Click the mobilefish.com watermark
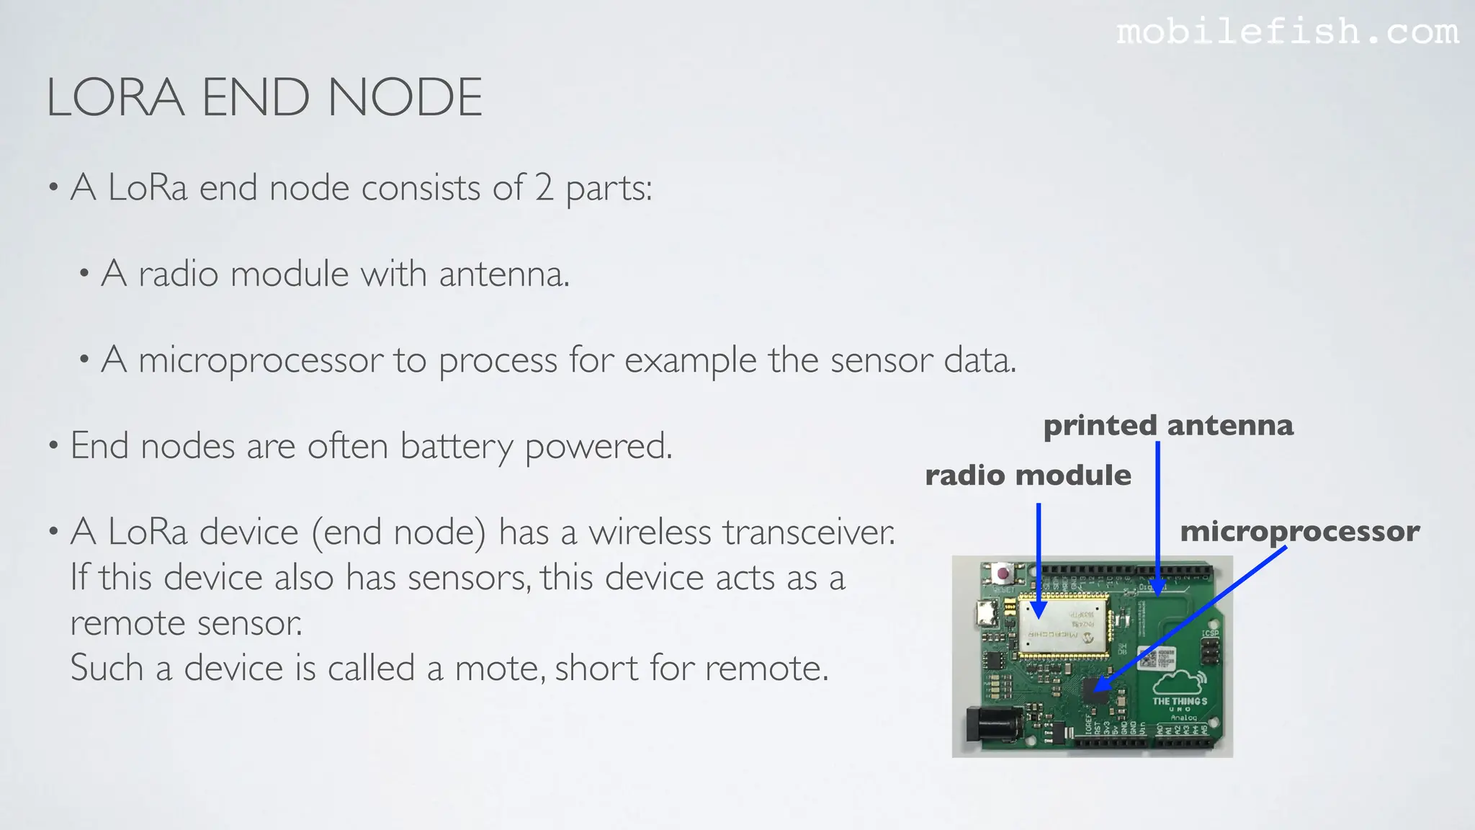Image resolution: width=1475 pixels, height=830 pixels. pos(1288,32)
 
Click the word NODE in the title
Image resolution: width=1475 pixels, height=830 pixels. pos(405,98)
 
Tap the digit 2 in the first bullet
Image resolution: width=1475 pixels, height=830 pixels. pos(544,187)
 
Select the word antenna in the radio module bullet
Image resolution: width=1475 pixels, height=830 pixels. pos(503,274)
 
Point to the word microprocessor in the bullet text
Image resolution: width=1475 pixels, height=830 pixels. pos(261,360)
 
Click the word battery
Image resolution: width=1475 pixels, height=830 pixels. pos(456,446)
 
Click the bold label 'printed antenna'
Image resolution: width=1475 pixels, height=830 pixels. pos(1168,425)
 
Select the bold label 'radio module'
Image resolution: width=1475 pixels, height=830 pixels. pos(1028,476)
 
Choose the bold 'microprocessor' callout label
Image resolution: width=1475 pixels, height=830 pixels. pos(1299,532)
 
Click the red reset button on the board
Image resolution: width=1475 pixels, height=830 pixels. pos(1002,574)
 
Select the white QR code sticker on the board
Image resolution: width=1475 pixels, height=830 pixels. pos(1155,657)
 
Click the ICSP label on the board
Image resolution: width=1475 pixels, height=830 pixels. pos(1210,633)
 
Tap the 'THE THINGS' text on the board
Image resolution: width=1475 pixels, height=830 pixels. pos(1180,701)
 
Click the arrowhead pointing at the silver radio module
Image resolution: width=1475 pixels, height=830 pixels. pos(1039,611)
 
